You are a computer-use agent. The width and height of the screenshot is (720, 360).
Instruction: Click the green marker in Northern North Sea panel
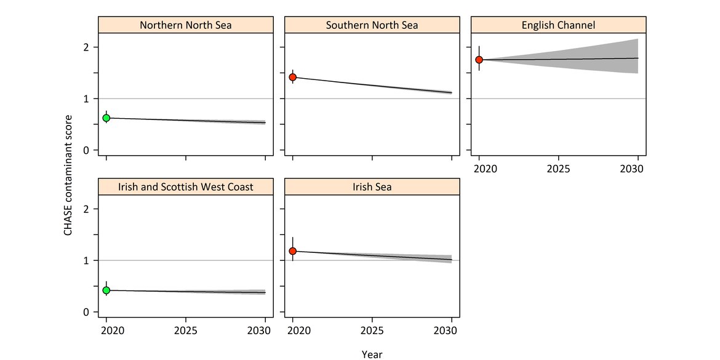pos(106,118)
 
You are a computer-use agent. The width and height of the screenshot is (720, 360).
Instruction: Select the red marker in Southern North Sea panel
pos(293,77)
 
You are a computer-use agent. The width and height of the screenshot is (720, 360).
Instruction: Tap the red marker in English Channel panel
pos(479,60)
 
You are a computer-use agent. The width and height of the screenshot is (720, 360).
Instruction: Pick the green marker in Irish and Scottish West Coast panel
pos(106,290)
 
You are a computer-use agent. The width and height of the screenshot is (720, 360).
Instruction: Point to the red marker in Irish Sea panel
pos(293,251)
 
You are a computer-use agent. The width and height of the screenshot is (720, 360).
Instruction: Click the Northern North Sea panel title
pos(186,25)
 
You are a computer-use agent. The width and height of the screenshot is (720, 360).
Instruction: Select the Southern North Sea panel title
pos(372,25)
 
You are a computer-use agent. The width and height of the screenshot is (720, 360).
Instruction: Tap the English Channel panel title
pos(558,25)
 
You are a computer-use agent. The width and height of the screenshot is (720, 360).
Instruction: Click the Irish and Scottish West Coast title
pos(186,187)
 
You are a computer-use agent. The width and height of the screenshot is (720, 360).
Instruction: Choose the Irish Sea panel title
pos(372,187)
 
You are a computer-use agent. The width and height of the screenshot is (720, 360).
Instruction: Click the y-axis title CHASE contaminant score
pos(69,175)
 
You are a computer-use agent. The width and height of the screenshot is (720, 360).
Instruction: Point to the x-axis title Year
pos(372,354)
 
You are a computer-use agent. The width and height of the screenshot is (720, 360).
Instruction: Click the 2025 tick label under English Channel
pos(558,168)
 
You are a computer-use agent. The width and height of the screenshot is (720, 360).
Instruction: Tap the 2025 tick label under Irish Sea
pos(372,330)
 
